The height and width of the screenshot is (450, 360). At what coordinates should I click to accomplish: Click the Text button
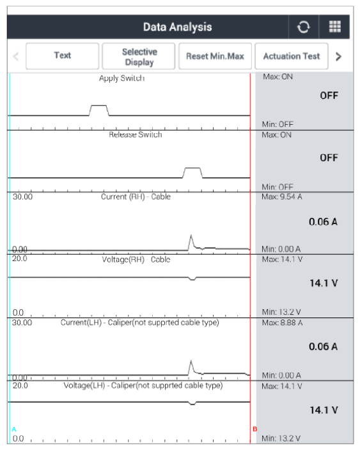tap(63, 56)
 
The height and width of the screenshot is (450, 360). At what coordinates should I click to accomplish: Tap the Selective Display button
tap(139, 56)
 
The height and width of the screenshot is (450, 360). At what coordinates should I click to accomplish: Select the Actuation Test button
tap(292, 56)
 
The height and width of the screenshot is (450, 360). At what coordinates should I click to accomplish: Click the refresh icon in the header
tap(304, 27)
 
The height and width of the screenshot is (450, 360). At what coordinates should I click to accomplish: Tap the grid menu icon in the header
tap(335, 27)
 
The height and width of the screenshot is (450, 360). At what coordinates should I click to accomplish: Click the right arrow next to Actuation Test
tap(338, 56)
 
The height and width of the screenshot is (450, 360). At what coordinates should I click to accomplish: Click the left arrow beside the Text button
tap(16, 56)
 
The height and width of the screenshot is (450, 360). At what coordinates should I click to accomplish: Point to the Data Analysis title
tap(177, 27)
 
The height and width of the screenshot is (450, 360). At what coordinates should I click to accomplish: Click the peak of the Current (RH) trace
tap(191, 236)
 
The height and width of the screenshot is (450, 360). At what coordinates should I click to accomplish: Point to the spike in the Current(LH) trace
tap(191, 361)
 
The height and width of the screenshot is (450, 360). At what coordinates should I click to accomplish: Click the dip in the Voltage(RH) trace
tap(192, 279)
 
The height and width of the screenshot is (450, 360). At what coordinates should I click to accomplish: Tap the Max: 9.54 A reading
tap(282, 197)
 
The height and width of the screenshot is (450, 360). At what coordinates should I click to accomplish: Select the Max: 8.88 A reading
tap(282, 323)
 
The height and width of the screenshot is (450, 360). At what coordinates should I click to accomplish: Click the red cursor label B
tap(254, 429)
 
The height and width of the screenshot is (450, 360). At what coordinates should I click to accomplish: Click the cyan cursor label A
tap(14, 430)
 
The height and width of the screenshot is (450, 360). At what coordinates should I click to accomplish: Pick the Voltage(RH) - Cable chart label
tap(136, 259)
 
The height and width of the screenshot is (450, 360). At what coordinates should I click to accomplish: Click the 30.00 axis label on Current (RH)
tap(22, 197)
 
